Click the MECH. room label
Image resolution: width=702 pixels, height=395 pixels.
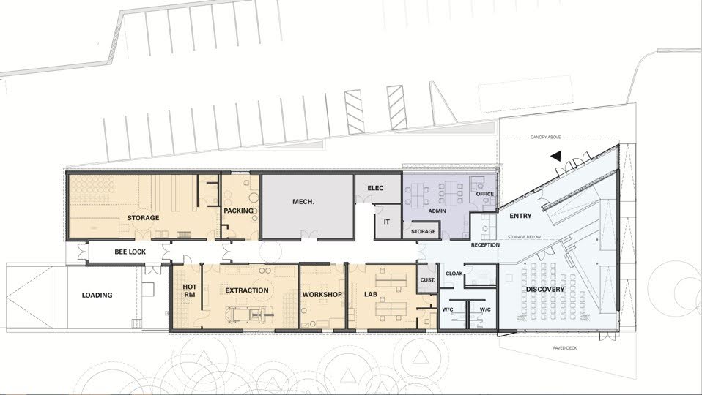[x=303, y=201]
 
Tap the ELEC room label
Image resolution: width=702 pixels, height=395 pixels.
[x=375, y=188]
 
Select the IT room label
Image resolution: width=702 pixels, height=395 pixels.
[x=387, y=222]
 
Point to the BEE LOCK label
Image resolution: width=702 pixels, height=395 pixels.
[x=130, y=252]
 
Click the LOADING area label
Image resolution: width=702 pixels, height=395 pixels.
[x=97, y=295]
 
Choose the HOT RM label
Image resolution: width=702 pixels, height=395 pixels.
[x=190, y=290]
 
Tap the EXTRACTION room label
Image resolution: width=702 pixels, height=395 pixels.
[x=247, y=290]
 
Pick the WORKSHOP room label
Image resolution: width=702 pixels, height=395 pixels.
[x=322, y=295]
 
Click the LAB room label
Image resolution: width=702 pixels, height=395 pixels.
[x=371, y=295]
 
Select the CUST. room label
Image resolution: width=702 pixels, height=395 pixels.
[x=427, y=280]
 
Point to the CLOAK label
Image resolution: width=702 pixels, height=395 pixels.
[x=454, y=274]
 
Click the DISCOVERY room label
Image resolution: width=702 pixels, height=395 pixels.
[x=545, y=290]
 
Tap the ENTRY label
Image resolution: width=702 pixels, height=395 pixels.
[x=521, y=216]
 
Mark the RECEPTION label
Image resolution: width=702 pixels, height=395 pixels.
[x=485, y=245]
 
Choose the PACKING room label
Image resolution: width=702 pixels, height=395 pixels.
[x=239, y=211]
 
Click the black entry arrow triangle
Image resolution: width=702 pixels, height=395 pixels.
[x=556, y=157]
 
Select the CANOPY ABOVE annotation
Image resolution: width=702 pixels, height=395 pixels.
[x=545, y=138]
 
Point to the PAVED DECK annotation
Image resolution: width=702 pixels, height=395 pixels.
[x=565, y=347]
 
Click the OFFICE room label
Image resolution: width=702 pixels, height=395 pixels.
[x=485, y=194]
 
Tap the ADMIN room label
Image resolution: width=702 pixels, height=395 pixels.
[x=437, y=211]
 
